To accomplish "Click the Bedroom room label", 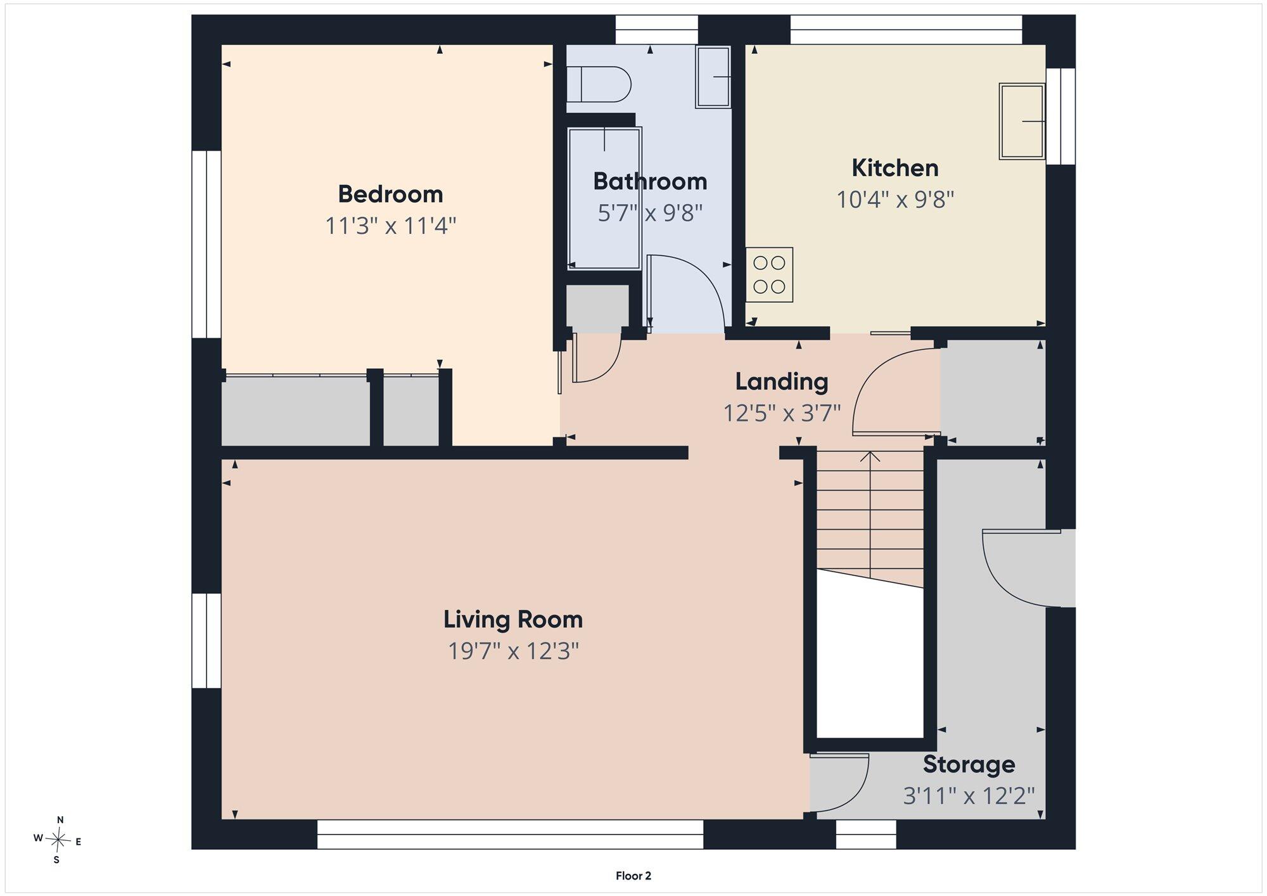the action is coord(390,194).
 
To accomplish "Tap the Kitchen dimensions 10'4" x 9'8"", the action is coord(895,200).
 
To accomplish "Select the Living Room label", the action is coord(513,619).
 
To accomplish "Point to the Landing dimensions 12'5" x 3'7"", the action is coord(782,414).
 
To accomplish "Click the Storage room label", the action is coord(969,764).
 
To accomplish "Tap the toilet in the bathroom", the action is coord(599,84).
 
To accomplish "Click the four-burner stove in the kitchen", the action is coord(769,274).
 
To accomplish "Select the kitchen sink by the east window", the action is coord(1022,121).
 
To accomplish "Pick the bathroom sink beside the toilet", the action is coord(713,77).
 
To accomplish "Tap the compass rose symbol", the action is coord(58,840).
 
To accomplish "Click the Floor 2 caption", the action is coord(633,876).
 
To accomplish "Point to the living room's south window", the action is coord(510,835).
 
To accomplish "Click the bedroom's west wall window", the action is coord(207,245).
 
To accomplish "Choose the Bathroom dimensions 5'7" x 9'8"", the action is coord(650,214).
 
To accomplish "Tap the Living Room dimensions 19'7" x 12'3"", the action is coord(513,651).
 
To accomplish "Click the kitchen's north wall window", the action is coord(907,30).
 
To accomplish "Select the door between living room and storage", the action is coord(839,783).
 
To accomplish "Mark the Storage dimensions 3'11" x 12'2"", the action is coord(969,796).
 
